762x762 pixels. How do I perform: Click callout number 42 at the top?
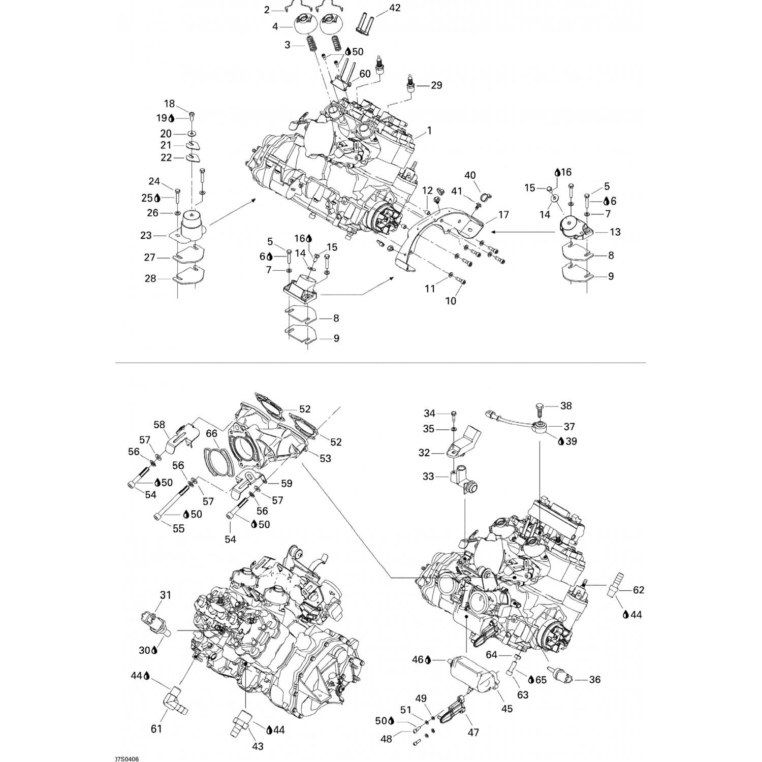tap(395, 8)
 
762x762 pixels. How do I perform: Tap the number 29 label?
tap(436, 85)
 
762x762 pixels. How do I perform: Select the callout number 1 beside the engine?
tap(429, 131)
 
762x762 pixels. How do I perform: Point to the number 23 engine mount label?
tap(146, 236)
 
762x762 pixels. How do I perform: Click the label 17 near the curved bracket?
tap(503, 215)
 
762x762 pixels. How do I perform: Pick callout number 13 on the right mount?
tap(615, 232)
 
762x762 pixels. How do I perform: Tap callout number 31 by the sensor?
tap(166, 595)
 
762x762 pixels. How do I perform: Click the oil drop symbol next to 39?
tap(561, 441)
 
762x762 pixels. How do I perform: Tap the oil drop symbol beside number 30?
tap(154, 649)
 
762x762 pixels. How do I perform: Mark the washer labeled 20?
tap(194, 134)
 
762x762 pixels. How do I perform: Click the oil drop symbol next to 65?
tap(531, 679)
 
